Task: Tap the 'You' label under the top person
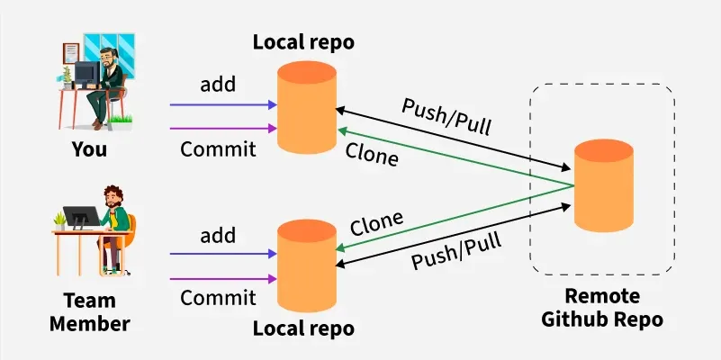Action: click(x=89, y=149)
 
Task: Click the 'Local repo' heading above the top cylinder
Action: click(x=304, y=41)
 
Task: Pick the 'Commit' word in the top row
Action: click(x=218, y=148)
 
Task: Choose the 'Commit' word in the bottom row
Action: click(x=218, y=298)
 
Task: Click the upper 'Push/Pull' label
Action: click(x=447, y=113)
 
